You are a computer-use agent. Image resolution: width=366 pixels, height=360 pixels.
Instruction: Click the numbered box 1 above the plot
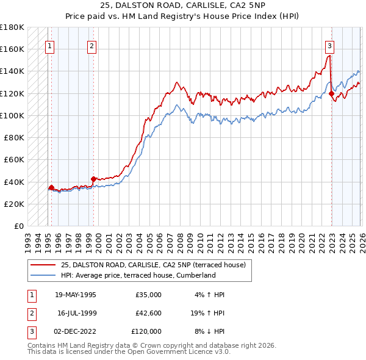click(49, 45)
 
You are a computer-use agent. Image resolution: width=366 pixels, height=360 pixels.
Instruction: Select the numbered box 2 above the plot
click(91, 45)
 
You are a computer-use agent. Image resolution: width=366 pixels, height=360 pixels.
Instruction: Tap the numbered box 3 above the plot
click(329, 45)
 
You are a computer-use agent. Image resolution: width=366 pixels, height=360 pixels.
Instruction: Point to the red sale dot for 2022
click(331, 93)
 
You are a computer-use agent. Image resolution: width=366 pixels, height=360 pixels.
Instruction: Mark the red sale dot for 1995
click(51, 187)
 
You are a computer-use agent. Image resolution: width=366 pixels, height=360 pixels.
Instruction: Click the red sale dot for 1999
click(93, 179)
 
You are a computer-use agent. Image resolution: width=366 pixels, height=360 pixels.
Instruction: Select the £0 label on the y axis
click(18, 226)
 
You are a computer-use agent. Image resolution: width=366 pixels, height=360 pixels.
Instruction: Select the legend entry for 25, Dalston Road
click(152, 265)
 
